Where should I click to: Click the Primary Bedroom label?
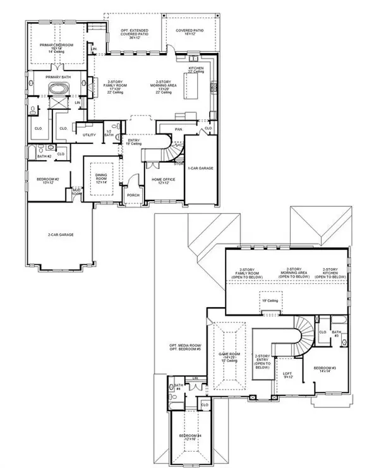(57, 48)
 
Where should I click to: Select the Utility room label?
(88, 135)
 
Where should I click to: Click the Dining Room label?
(101, 178)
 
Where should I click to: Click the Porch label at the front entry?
(134, 195)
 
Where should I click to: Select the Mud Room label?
(76, 194)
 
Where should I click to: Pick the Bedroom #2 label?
(47, 181)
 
